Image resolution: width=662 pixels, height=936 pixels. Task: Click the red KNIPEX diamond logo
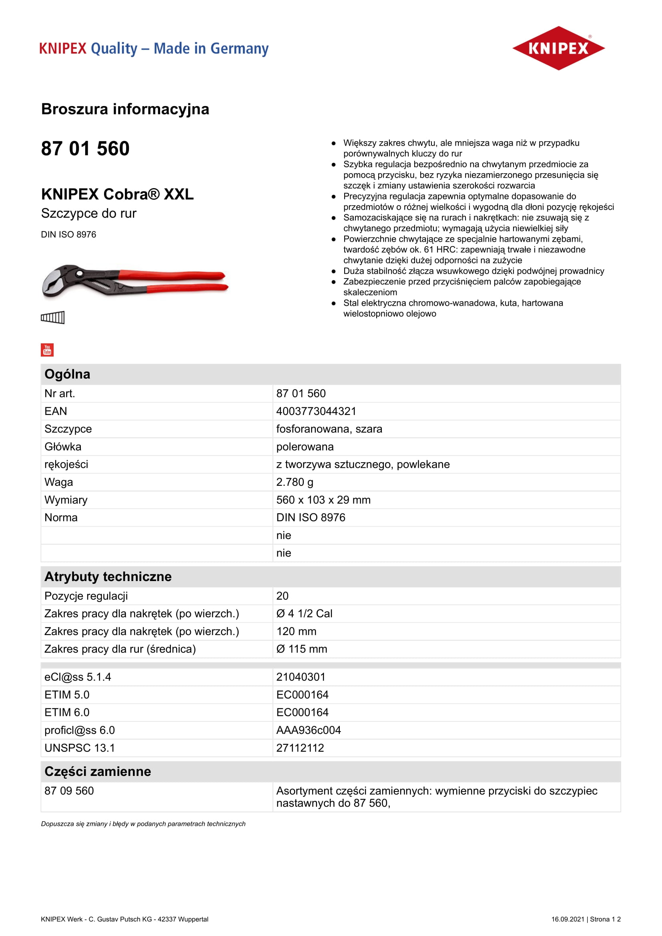coord(558,48)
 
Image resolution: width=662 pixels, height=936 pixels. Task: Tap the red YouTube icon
coord(47,350)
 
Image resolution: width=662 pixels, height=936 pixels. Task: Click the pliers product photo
coord(134,281)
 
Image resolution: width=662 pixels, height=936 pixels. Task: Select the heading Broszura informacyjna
coord(125,109)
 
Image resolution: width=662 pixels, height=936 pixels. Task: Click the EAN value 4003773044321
coord(316,411)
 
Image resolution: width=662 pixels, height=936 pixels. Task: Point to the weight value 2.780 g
coord(295,482)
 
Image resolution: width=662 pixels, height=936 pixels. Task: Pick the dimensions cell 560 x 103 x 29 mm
coord(323,500)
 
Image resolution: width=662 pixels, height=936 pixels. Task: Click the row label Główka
coord(63,447)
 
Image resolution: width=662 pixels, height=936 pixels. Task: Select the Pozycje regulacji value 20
coord(283,596)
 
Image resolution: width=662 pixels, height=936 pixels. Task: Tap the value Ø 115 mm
coord(302,649)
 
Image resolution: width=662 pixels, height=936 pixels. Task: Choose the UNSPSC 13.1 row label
coord(80,748)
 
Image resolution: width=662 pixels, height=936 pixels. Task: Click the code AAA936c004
coord(309,730)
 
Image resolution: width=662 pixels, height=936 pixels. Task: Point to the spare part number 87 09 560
coord(69,791)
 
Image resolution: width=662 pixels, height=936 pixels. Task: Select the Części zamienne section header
coord(98,771)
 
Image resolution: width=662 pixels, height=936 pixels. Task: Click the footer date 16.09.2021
coord(568,919)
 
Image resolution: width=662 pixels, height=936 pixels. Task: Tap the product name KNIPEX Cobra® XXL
coord(117,194)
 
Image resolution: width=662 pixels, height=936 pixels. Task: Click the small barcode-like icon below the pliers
coord(52,317)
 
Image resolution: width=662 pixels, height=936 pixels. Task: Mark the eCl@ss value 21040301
coord(301,677)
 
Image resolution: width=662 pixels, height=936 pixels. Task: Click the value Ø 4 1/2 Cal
coord(304,613)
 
